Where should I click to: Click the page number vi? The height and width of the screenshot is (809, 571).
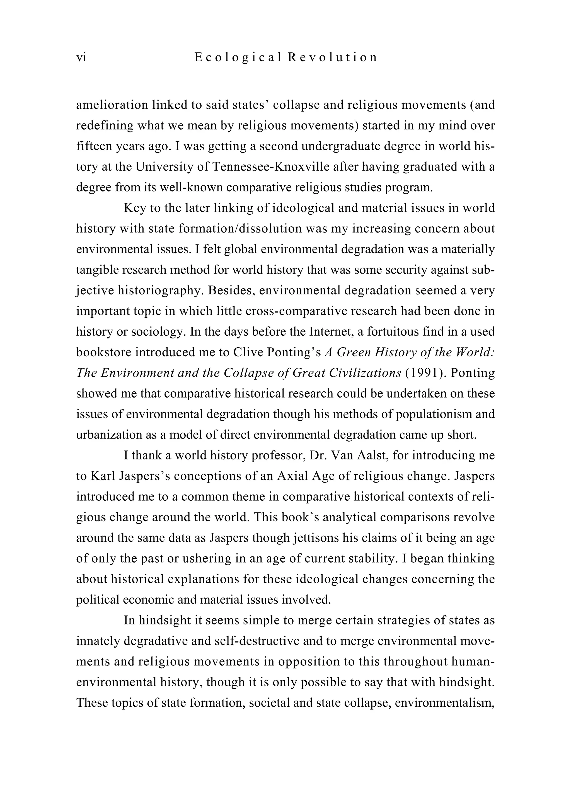tap(81, 57)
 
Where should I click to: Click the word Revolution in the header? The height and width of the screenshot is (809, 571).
tap(332, 57)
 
